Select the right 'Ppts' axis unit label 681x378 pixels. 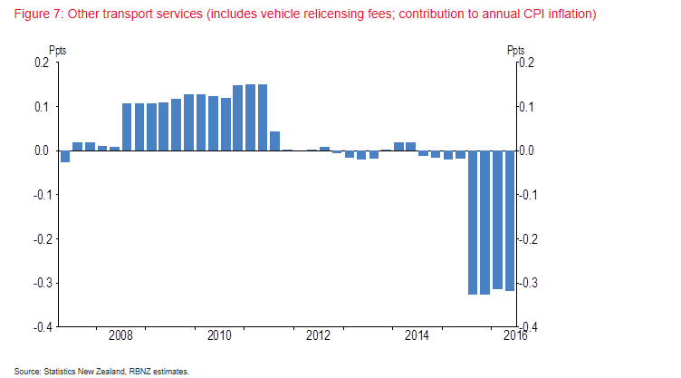click(516, 51)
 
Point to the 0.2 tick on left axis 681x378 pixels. click(41, 63)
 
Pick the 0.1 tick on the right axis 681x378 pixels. click(530, 107)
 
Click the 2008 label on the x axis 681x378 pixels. click(120, 336)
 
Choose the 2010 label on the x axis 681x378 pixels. click(219, 336)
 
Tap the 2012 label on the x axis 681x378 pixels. click(319, 336)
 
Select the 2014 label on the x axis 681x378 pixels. click(417, 336)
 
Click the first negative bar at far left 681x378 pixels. click(65, 157)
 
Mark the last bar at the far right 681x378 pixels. click(510, 220)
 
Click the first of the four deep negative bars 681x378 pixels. click(473, 222)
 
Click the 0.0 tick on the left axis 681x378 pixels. click(41, 151)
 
